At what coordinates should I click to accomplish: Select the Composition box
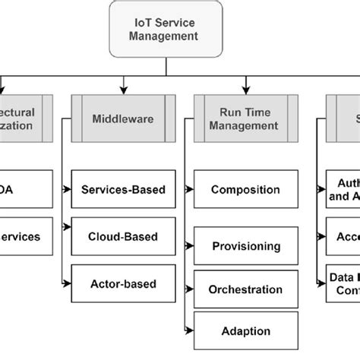coord(244,189)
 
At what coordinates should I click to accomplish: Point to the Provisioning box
coord(244,246)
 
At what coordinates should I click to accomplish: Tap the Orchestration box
coord(244,289)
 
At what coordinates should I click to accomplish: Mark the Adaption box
coord(244,331)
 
